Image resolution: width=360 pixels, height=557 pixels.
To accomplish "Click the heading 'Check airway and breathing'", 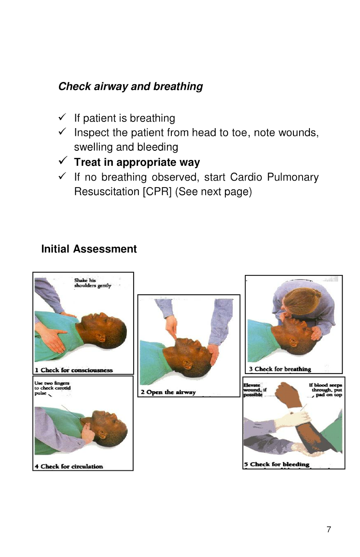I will [x=130, y=86].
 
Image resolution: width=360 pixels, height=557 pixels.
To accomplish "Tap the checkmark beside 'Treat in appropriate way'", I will [x=63, y=160].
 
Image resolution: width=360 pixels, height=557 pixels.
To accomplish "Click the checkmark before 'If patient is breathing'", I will [x=62, y=117].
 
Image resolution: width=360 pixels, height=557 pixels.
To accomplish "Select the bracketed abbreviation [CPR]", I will [x=157, y=192].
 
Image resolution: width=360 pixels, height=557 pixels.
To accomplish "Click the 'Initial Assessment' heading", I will [x=89, y=249].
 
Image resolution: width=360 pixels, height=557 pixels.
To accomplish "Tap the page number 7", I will [x=329, y=529].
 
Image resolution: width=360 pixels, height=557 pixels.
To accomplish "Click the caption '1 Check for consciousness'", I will [x=74, y=370].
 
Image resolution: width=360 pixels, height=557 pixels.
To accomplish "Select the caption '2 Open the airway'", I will [x=168, y=392].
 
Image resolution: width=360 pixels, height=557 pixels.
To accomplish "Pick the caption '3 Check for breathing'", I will [x=280, y=369].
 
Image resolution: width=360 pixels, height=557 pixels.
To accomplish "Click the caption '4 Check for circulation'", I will [x=69, y=466].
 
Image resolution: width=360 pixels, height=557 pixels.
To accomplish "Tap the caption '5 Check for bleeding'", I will [x=277, y=464].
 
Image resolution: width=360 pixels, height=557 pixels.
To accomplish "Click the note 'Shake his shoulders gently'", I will [x=92, y=283].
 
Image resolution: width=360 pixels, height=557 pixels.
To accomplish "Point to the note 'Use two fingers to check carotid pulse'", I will [x=52, y=388].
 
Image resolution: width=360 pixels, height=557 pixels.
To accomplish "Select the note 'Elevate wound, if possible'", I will [x=254, y=390].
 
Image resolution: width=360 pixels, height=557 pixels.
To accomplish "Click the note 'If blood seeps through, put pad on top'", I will [x=326, y=390].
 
